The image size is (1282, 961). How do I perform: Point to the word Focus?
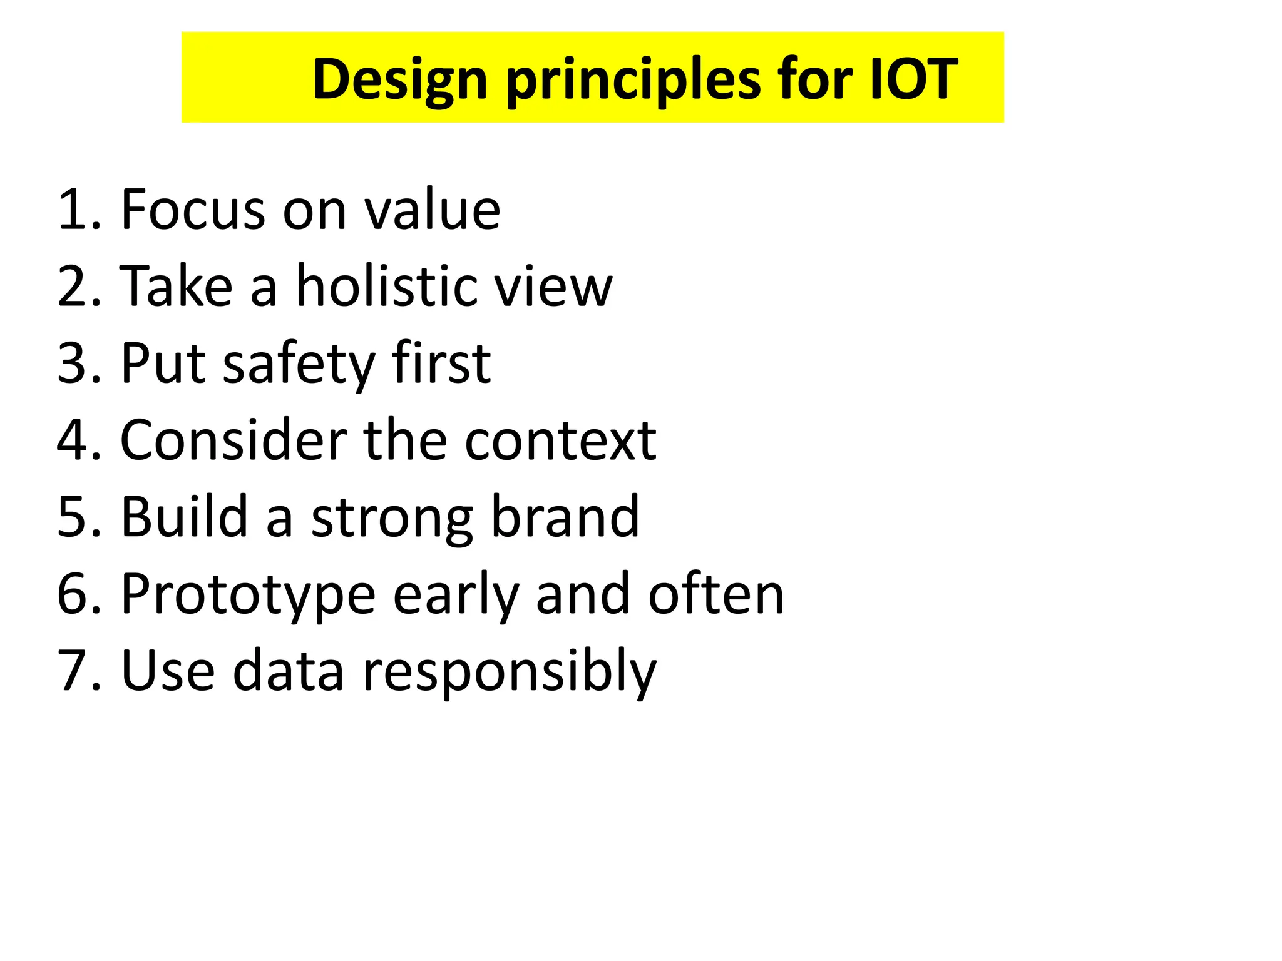193,210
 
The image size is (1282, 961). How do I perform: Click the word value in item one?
432,210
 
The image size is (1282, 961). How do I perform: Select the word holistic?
384,286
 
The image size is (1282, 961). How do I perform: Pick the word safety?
299,364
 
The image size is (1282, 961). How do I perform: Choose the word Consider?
233,440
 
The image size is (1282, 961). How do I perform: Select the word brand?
565,517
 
